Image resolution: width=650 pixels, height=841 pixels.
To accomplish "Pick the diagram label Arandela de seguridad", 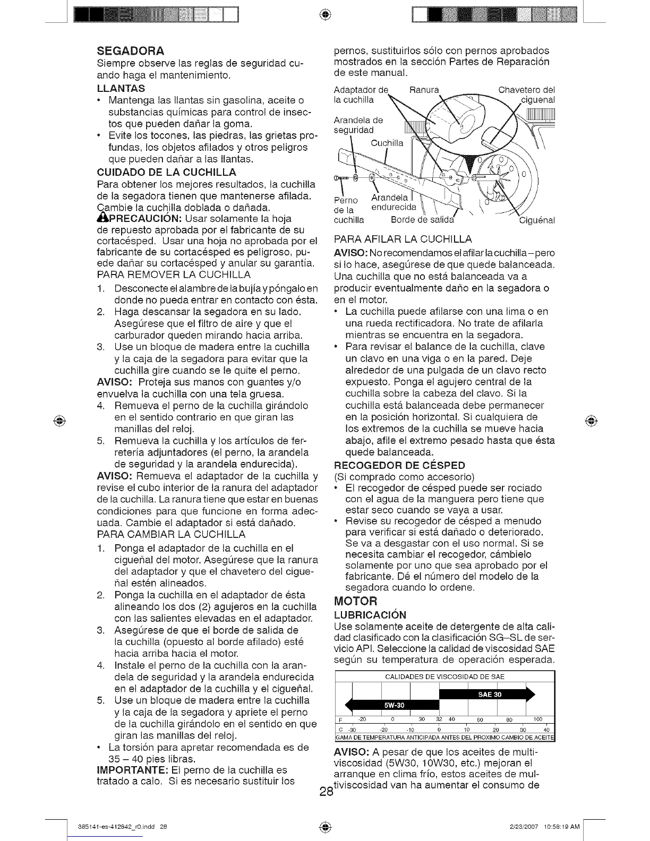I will click(x=358, y=125).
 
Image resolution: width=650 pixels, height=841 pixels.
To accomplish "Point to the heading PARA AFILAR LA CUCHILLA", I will click(x=403, y=239).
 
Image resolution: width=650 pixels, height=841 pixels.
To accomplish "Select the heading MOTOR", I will click(x=356, y=602).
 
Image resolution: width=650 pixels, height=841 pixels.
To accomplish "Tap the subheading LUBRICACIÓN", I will click(x=370, y=615).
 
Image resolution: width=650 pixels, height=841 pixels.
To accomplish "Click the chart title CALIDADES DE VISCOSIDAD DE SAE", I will click(x=444, y=677).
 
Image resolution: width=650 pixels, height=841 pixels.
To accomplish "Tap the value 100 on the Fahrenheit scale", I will click(x=538, y=719).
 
